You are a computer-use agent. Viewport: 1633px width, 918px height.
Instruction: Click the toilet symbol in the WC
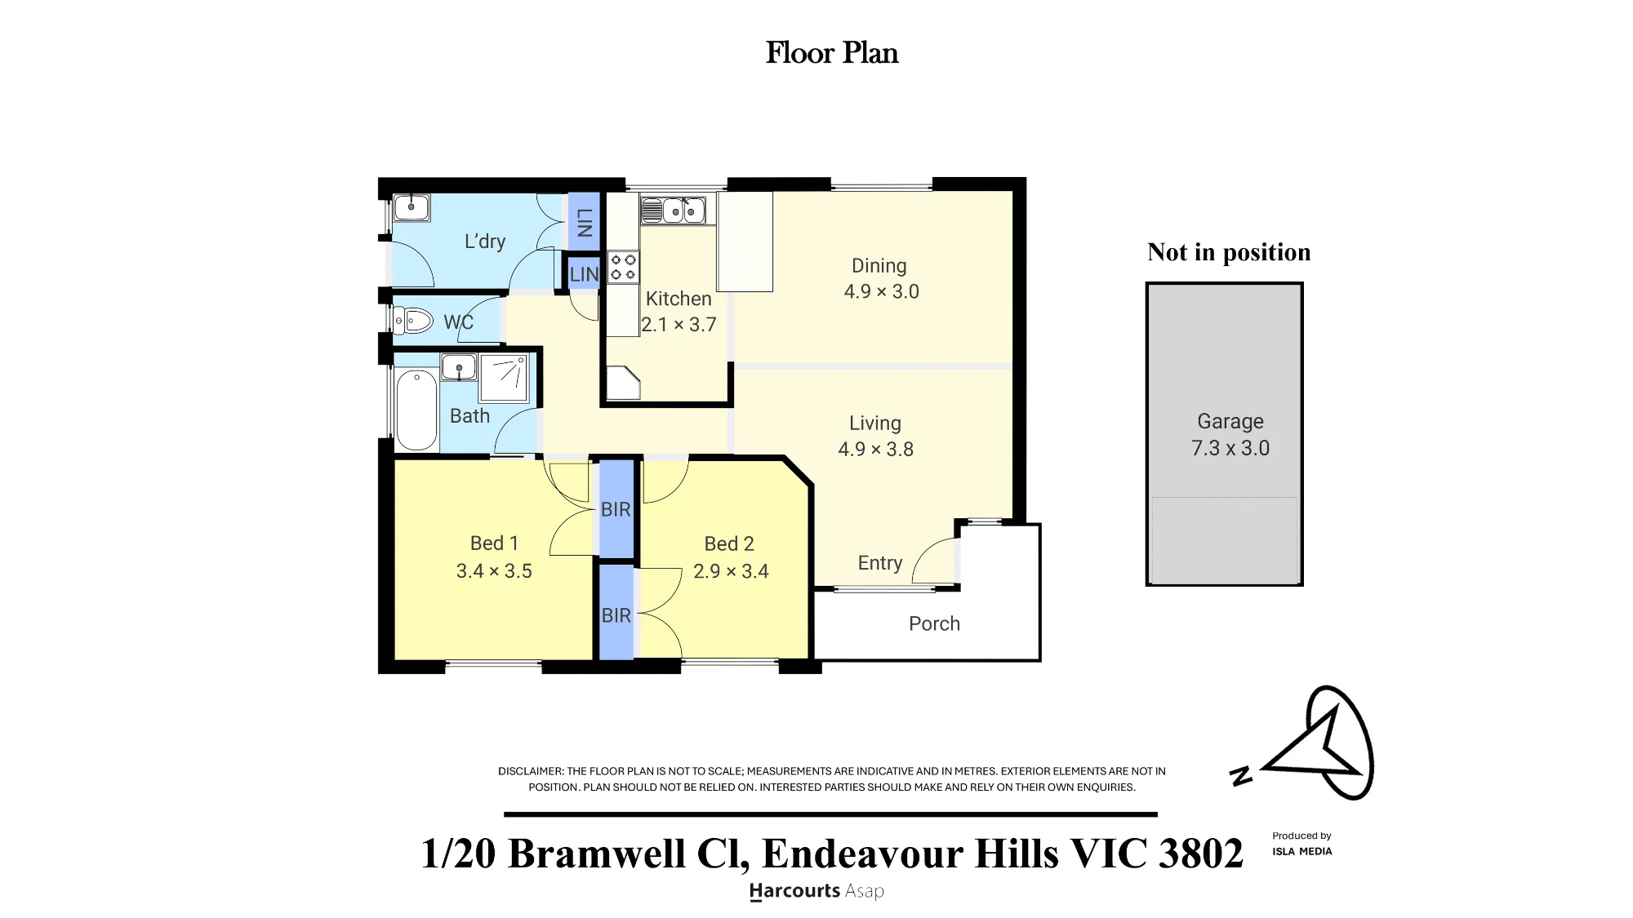click(412, 321)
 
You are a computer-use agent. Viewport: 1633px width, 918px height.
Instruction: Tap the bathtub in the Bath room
click(416, 410)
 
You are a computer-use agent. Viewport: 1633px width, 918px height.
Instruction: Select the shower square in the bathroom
click(504, 379)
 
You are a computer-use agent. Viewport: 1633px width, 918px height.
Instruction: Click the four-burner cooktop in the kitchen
click(623, 267)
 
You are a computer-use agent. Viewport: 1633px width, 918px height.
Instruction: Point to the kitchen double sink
click(678, 210)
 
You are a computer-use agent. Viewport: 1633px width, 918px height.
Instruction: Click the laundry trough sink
click(412, 207)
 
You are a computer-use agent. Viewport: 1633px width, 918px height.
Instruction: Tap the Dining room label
click(879, 266)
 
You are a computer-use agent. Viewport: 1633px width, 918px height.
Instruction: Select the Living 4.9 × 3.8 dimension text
click(875, 450)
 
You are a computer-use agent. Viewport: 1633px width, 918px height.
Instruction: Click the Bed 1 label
click(494, 543)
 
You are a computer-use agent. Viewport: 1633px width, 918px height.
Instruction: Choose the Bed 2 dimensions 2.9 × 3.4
click(731, 571)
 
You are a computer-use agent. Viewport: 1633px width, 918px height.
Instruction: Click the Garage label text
click(1230, 422)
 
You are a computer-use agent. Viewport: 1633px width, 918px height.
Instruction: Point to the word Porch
click(934, 623)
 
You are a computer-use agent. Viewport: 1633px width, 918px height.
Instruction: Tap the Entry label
click(880, 563)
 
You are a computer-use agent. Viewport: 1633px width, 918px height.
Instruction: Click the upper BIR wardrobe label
click(616, 510)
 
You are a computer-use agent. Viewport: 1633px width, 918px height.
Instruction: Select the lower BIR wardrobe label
click(616, 615)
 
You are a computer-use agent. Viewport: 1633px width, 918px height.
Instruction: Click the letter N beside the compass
click(1241, 776)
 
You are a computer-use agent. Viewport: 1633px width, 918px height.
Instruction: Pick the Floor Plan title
click(832, 53)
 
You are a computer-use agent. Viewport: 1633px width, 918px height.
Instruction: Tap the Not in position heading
click(1229, 252)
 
